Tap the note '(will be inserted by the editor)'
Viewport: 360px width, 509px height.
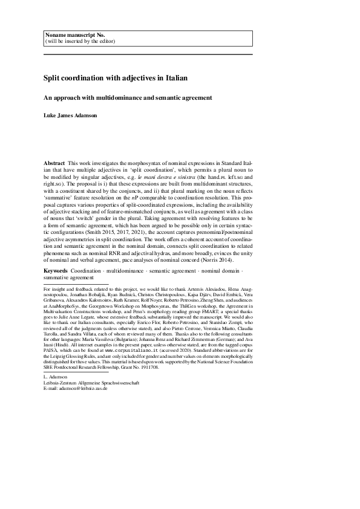tap(79, 42)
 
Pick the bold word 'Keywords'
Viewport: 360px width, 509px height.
tap(56, 270)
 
